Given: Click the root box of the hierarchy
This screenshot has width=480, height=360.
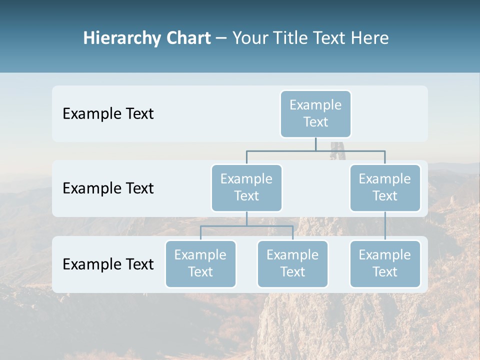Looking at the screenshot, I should [x=315, y=114].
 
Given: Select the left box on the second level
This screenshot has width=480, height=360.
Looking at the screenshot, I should [x=246, y=188].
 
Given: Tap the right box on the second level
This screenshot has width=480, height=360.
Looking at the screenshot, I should [x=385, y=188].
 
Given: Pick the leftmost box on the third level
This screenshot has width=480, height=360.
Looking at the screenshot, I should [x=200, y=264].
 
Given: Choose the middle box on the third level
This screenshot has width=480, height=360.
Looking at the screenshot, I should [x=292, y=264].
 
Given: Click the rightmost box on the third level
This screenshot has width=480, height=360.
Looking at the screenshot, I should [x=385, y=264].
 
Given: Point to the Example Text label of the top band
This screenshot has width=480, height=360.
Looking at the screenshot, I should [x=108, y=114].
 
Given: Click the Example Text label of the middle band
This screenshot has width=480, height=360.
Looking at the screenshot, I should [x=108, y=188].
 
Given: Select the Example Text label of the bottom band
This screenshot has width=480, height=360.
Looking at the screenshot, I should [x=108, y=264].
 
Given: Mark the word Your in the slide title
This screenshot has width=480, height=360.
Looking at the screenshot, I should [x=249, y=38].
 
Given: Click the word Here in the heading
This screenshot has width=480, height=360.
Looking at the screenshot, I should [x=369, y=38].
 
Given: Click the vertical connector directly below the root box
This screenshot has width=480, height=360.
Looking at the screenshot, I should [x=315, y=144].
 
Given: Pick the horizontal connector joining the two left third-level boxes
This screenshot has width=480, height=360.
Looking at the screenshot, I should [x=246, y=226].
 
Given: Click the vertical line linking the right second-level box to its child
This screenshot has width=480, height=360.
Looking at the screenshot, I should [x=385, y=226].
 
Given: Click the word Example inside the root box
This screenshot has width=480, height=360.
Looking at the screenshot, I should [x=315, y=105].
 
